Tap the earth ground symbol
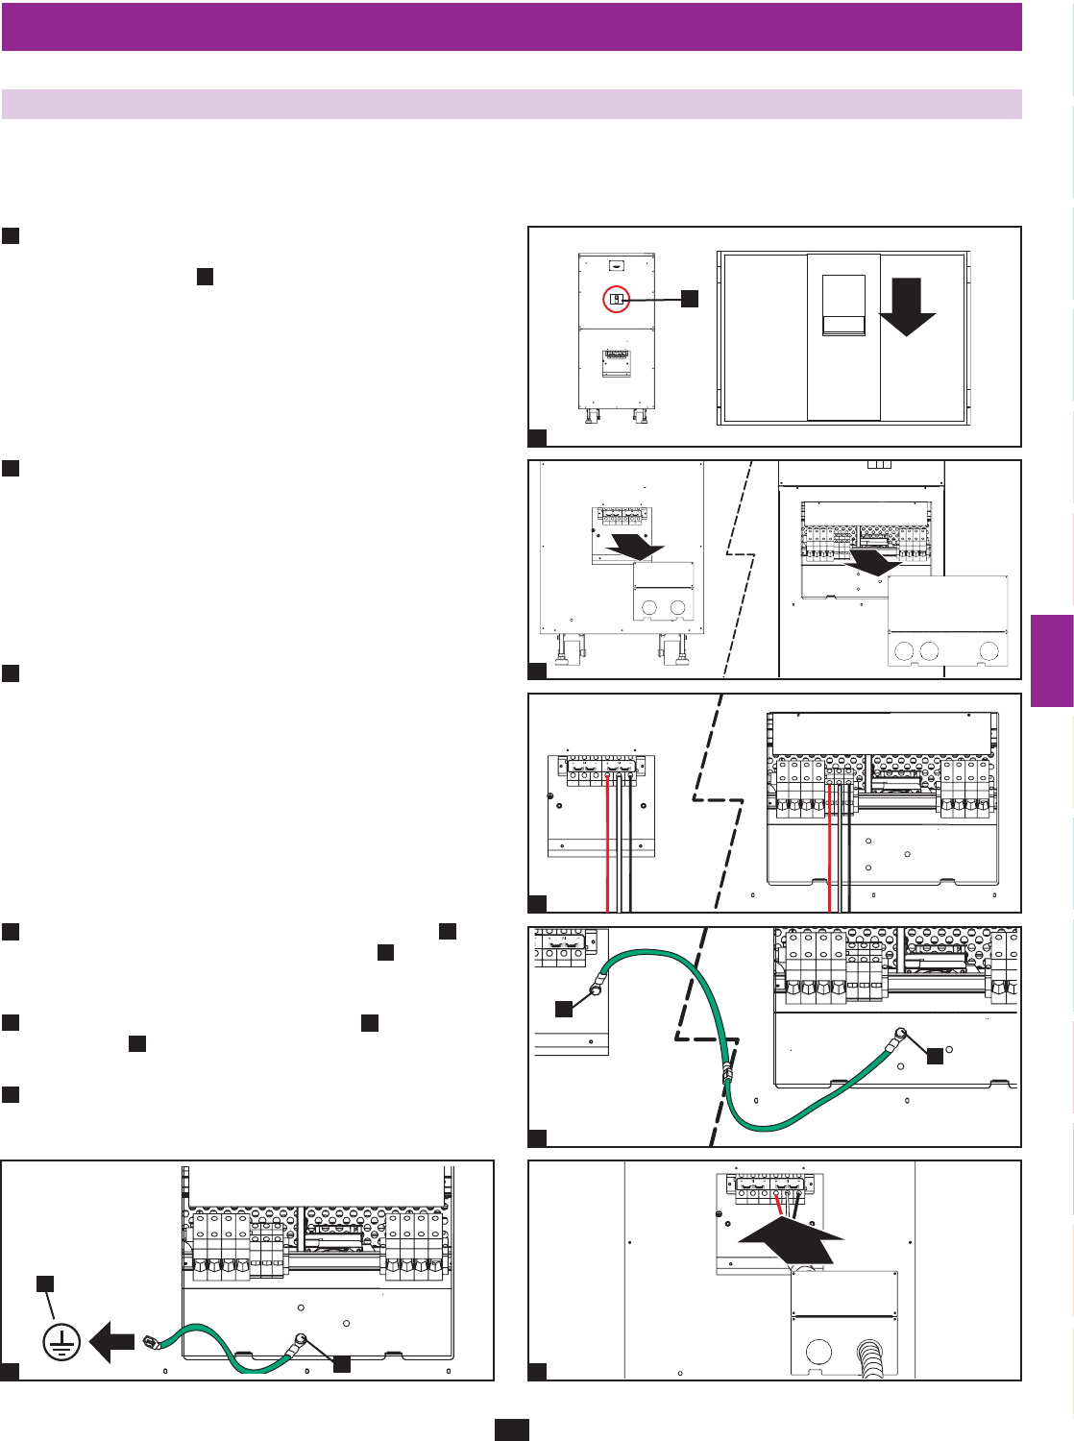pos(61,1342)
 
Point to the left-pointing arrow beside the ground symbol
pos(111,1341)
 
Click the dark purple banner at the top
pos(511,26)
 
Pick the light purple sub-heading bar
pos(511,104)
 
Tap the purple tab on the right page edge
pos(1052,661)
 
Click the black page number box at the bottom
pos(511,1429)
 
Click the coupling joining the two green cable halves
pos(727,1074)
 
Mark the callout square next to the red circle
pos(689,299)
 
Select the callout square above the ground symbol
pos(44,1283)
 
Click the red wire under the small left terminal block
pos(608,845)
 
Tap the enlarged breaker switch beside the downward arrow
pos(843,305)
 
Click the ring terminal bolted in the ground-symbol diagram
pos(300,1341)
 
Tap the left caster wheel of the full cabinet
pos(589,415)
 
